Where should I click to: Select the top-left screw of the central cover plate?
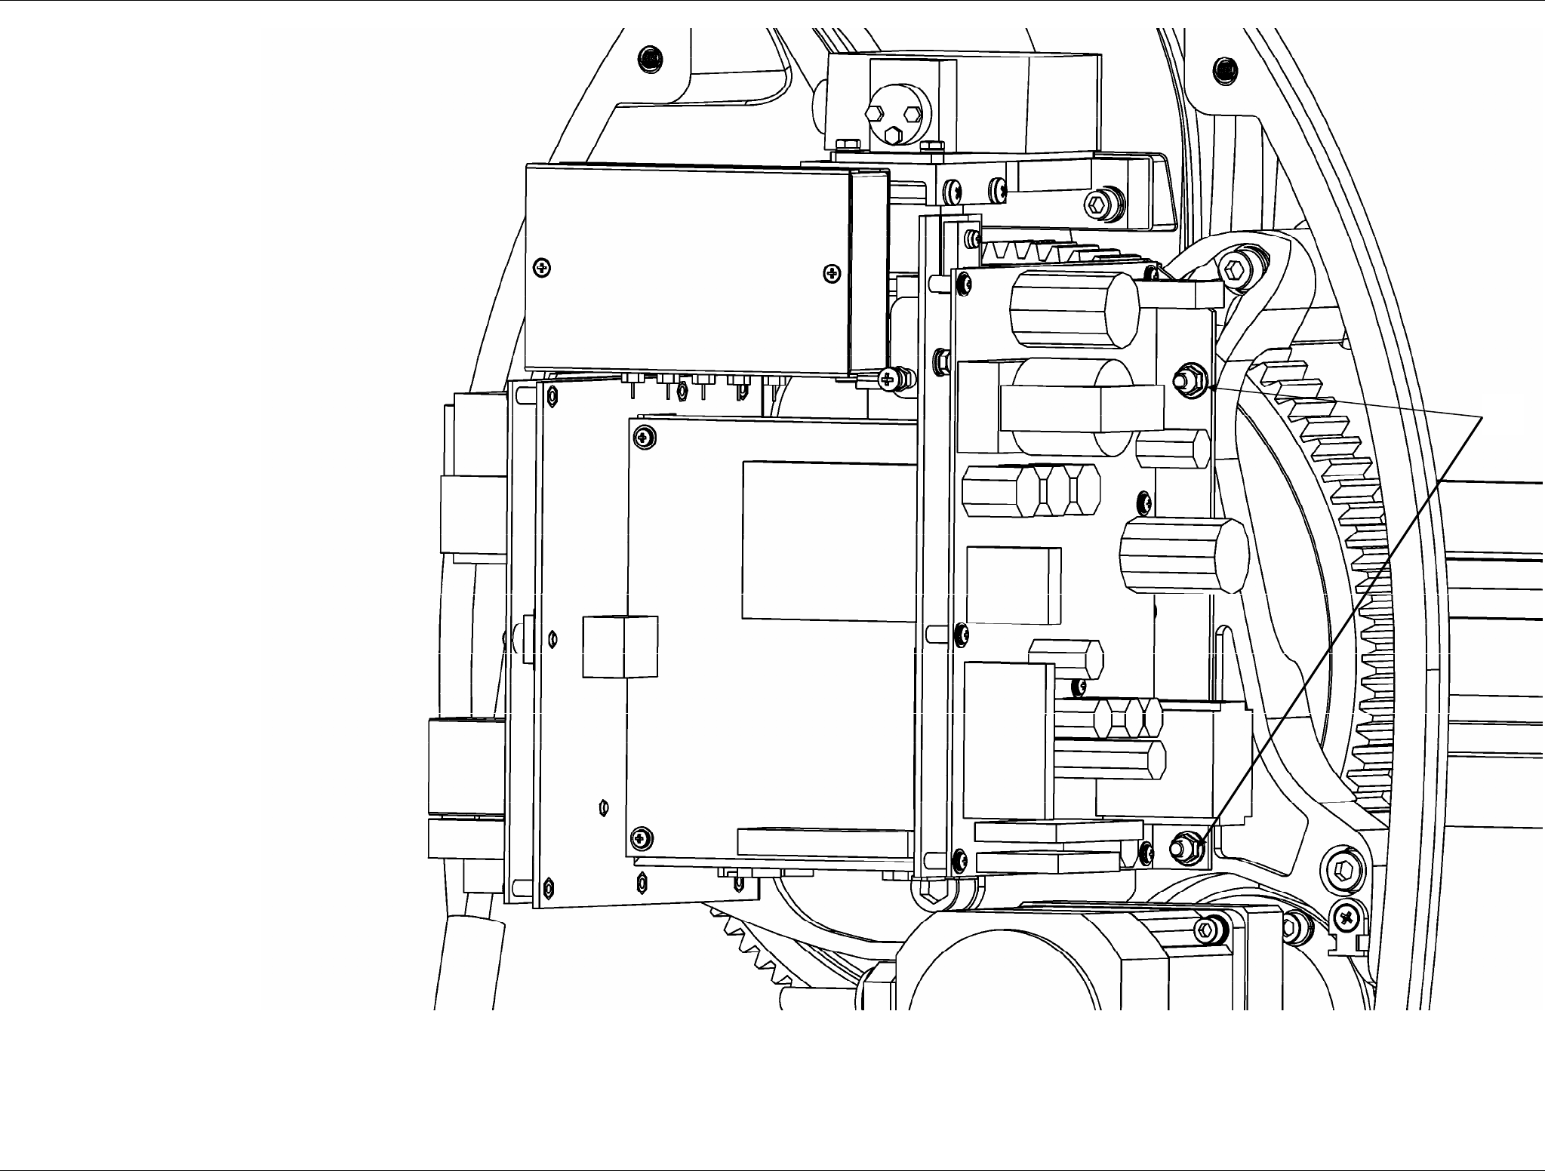click(642, 435)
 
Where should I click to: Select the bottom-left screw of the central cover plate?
click(640, 836)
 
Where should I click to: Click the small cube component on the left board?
click(620, 646)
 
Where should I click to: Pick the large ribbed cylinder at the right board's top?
click(1073, 309)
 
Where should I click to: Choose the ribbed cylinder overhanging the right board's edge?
click(1182, 555)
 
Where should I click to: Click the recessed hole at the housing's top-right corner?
click(1224, 72)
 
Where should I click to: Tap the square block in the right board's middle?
click(1013, 585)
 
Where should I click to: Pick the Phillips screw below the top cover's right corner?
click(888, 377)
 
